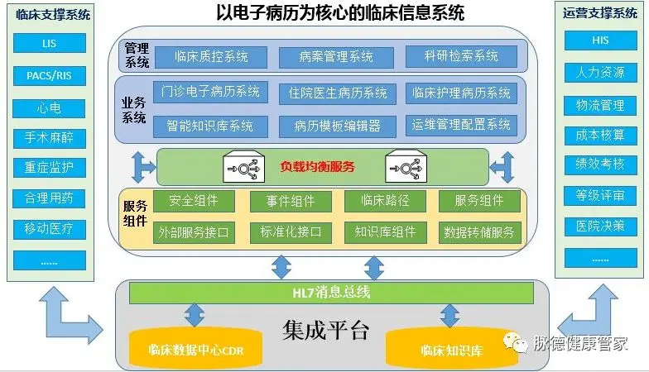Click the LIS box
point(50,43)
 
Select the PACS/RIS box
point(50,76)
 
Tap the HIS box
point(600,40)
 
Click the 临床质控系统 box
point(211,56)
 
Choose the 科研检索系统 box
point(461,56)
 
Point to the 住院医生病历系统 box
point(338,93)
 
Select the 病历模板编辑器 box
point(338,126)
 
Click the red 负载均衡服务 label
point(318,167)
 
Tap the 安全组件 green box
point(194,201)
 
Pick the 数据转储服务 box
point(479,232)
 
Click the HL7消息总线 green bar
point(331,293)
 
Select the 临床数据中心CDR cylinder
point(195,348)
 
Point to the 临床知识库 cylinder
point(452,348)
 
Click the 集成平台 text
point(326,330)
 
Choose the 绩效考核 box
point(600,165)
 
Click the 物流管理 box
point(600,106)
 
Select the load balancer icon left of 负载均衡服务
point(243,166)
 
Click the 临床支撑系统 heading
point(53,15)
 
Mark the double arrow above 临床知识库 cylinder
point(450,316)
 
